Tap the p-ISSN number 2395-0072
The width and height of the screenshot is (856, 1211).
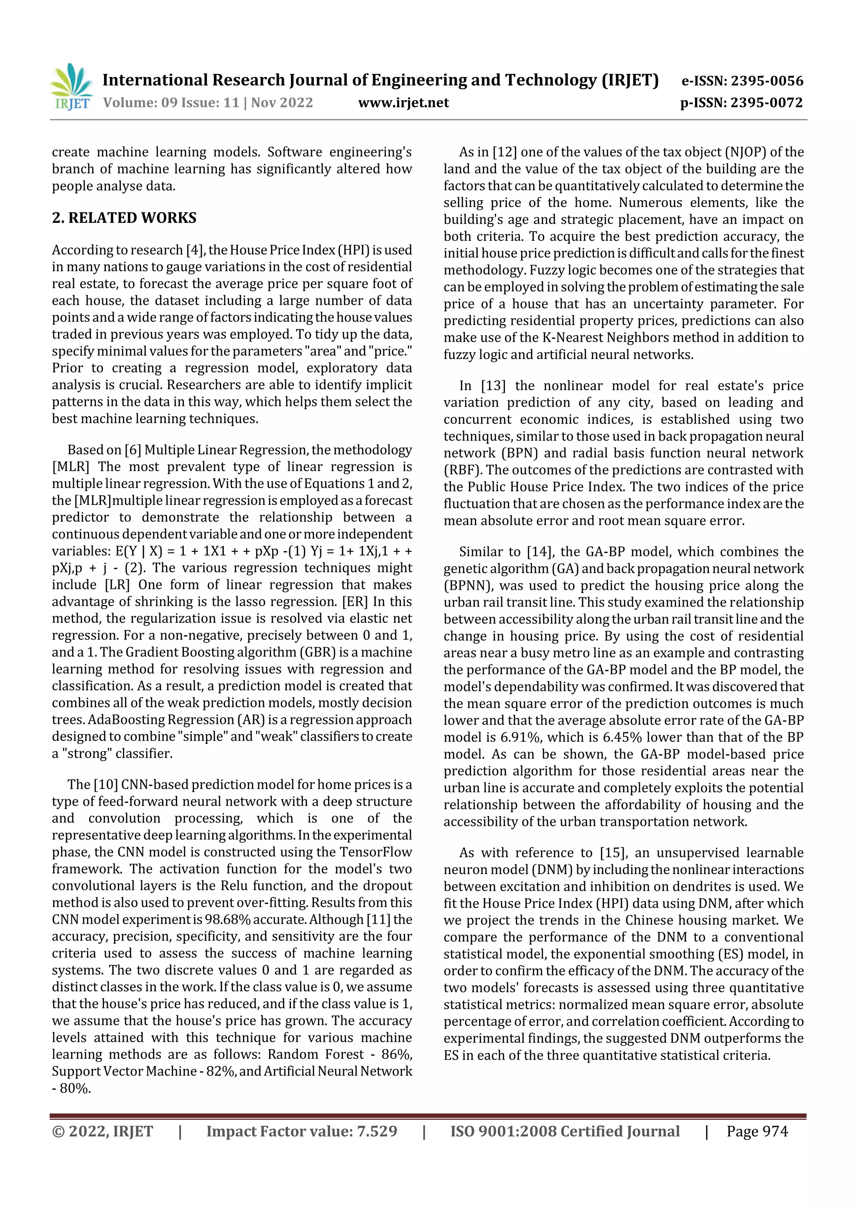766,102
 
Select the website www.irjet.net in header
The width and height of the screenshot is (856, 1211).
403,102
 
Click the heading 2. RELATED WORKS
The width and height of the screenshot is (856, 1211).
124,218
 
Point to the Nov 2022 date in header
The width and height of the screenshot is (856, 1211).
282,102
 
